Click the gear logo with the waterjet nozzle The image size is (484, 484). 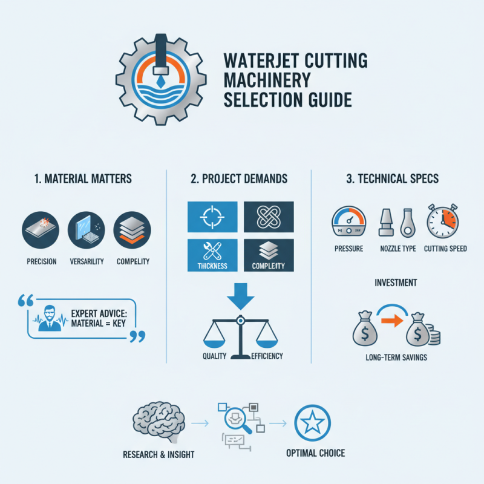point(159,82)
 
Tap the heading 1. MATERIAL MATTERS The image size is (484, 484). point(83,180)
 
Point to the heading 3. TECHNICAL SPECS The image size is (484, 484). point(393,180)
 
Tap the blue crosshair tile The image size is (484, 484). point(212,218)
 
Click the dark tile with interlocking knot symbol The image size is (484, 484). point(268,218)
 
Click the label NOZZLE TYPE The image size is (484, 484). point(396,249)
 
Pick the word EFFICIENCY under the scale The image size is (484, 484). point(266,356)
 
